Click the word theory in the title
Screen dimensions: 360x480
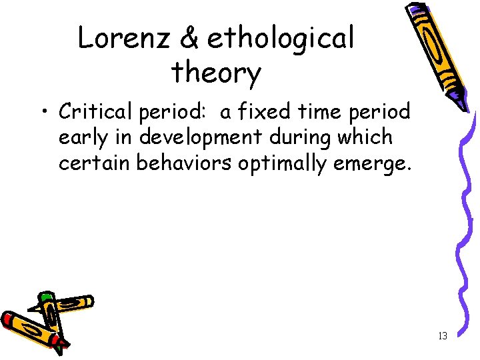[216, 73]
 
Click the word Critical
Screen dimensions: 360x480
[96, 112]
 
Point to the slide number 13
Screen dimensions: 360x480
[442, 336]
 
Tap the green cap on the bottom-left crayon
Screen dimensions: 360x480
[45, 297]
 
